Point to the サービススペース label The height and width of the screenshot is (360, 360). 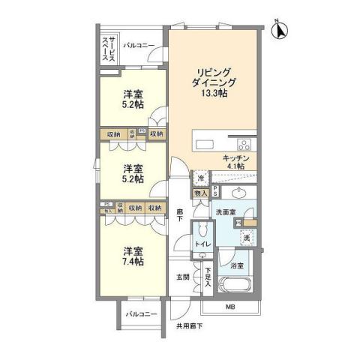109,51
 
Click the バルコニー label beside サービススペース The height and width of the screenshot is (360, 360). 139,46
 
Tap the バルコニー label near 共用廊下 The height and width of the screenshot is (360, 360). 141,313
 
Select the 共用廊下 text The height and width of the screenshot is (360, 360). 190,326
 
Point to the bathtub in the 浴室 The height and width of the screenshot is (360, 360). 235,286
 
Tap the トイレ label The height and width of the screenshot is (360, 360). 202,244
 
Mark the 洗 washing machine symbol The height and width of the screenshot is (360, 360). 246,238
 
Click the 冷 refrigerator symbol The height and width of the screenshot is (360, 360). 201,178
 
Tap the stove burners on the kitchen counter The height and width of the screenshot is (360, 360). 244,145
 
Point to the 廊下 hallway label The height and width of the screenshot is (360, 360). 180,215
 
